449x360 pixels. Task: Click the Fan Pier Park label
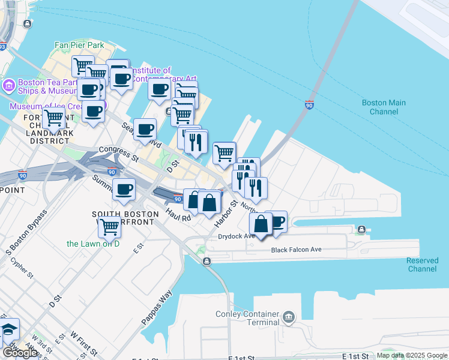(x=79, y=45)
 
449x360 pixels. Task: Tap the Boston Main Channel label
(x=384, y=107)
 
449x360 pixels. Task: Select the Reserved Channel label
(x=421, y=265)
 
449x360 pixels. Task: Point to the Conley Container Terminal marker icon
(x=289, y=316)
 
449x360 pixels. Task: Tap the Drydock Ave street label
(x=237, y=236)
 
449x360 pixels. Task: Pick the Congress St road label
(x=119, y=154)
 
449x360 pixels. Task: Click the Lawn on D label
(x=92, y=244)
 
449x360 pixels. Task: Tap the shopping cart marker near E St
(x=109, y=226)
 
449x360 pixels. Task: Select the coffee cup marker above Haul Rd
(x=124, y=190)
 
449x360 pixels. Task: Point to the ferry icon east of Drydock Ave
(x=361, y=230)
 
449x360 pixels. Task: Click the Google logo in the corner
(x=20, y=352)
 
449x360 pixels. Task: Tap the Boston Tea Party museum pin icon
(x=9, y=85)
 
